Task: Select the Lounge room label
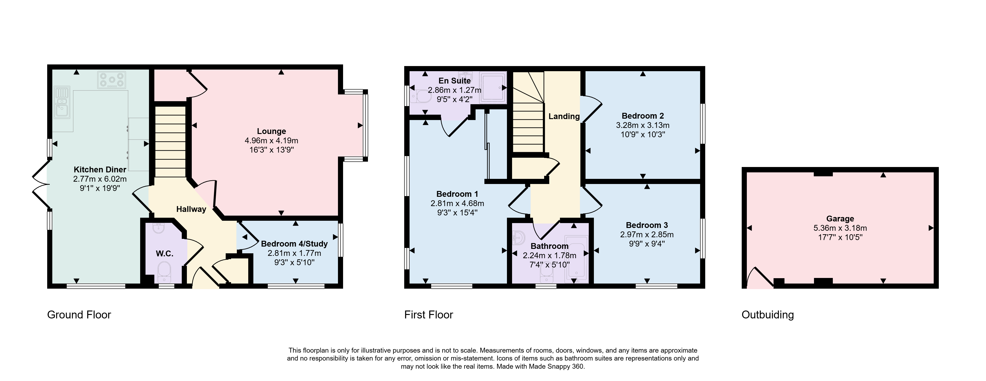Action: pos(271,131)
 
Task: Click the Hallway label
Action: pos(191,209)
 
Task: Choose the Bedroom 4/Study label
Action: pos(294,244)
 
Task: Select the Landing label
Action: pos(564,116)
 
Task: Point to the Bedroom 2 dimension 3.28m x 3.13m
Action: pos(643,125)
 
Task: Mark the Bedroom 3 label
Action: pos(647,225)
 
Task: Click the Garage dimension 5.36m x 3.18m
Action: pos(840,228)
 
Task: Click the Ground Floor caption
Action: pos(79,315)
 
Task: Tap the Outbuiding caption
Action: pos(768,315)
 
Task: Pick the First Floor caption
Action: pos(429,315)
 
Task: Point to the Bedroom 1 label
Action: pos(457,194)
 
